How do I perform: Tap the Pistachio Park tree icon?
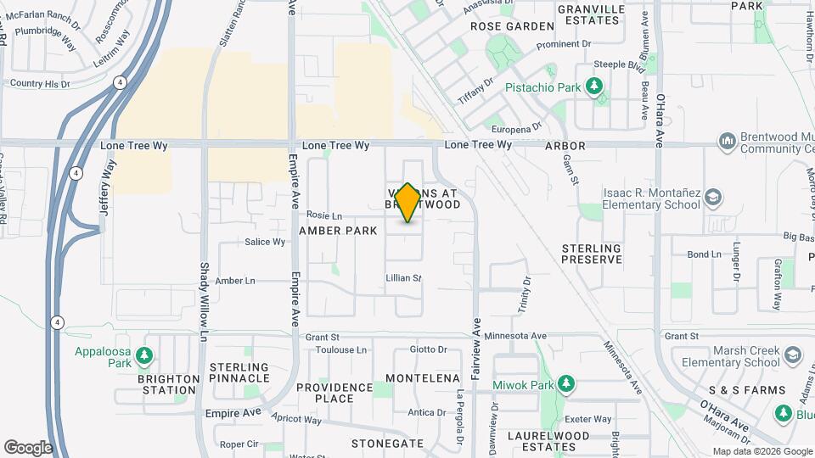pos(595,87)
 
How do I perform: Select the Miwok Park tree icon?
pos(565,385)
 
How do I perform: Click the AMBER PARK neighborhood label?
pos(338,231)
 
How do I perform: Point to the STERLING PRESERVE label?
pos(592,254)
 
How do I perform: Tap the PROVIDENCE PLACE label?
pos(334,393)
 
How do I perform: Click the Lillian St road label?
pos(403,278)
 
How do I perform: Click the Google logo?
pos(28,447)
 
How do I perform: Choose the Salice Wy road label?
pos(265,242)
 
